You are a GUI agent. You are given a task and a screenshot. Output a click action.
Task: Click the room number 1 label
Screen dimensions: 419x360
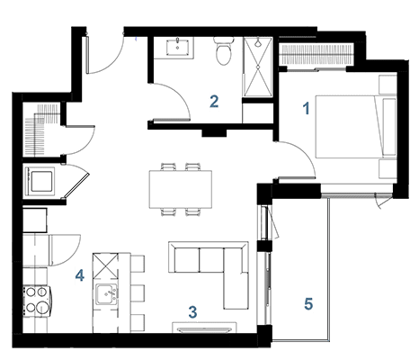[x=306, y=108]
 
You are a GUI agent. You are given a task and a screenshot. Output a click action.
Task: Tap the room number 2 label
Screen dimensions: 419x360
[x=214, y=102]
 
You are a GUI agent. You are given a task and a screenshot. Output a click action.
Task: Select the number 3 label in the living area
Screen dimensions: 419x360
[x=192, y=312]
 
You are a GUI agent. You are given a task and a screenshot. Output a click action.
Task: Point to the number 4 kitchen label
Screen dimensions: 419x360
[x=80, y=275]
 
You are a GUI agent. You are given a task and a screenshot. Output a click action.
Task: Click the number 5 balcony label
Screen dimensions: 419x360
[x=308, y=304]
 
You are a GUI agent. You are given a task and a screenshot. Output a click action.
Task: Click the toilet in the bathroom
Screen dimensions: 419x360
[x=223, y=50]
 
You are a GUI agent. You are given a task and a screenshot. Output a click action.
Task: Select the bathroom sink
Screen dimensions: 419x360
[x=178, y=47]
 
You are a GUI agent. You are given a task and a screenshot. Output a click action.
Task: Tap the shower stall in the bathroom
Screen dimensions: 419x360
[x=257, y=67]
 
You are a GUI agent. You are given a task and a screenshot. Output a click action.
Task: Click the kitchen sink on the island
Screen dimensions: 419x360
[x=107, y=294]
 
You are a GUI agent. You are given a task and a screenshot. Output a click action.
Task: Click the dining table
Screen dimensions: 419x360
[x=181, y=189]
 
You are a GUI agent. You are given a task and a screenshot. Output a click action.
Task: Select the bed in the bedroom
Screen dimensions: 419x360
[x=356, y=127]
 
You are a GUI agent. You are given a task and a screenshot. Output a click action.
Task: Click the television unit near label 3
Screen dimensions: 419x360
[x=204, y=328]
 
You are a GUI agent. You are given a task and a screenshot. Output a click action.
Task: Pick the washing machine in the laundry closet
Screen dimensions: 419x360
[x=40, y=181]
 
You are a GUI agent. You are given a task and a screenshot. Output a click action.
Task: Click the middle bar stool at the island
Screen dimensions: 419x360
[x=138, y=293]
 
